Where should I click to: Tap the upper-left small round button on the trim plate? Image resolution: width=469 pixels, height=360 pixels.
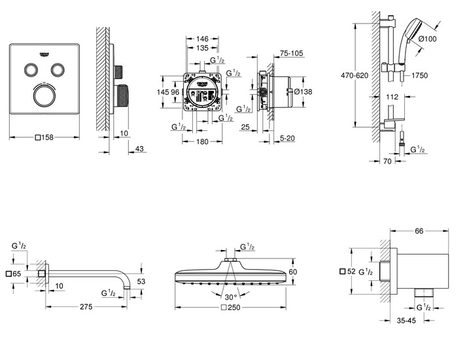pyautogui.click(x=31, y=70)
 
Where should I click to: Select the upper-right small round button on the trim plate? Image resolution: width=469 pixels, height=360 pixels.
pyautogui.click(x=59, y=70)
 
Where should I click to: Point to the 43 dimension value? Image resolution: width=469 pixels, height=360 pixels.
pyautogui.click(x=139, y=150)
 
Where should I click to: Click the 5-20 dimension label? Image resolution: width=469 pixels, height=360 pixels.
pyautogui.click(x=288, y=139)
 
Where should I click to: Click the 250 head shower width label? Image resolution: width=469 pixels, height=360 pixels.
pyautogui.click(x=230, y=308)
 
